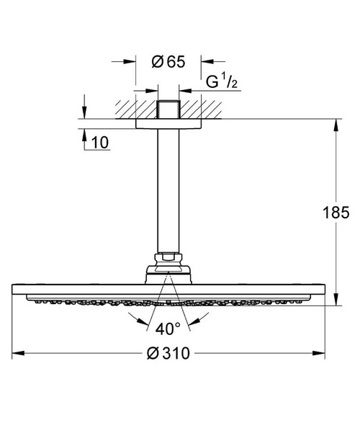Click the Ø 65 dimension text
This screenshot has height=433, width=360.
[x=168, y=62]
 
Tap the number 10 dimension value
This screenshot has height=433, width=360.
[x=100, y=143]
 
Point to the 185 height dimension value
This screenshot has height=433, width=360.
[x=336, y=213]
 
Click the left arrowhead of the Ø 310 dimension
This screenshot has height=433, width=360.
[x=18, y=354]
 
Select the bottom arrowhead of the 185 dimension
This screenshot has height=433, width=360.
[x=336, y=301]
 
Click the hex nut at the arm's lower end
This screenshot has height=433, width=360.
[x=167, y=256]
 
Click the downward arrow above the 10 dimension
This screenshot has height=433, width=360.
[x=84, y=114]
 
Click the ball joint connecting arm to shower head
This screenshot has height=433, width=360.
[x=167, y=273]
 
